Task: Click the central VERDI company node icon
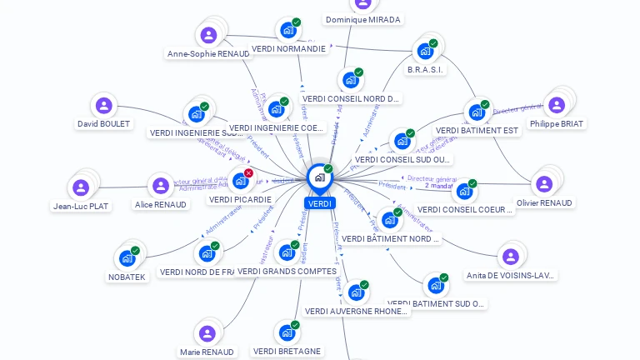click(319, 177)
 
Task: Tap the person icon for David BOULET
click(103, 106)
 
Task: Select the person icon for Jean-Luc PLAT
click(81, 187)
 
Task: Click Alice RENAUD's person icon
click(160, 186)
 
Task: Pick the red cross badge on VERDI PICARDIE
click(248, 172)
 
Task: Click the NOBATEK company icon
click(127, 258)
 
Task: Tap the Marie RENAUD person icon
click(207, 333)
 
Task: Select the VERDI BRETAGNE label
click(287, 352)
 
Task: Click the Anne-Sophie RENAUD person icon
click(208, 35)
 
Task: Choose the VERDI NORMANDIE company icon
click(288, 31)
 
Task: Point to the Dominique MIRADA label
click(362, 19)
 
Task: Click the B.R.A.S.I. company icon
click(425, 51)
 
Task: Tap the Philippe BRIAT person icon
click(557, 105)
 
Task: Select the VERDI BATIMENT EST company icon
click(477, 112)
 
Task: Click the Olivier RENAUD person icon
click(544, 184)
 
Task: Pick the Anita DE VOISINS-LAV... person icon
click(510, 257)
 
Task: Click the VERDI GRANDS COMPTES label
click(287, 272)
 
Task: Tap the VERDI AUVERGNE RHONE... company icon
click(356, 292)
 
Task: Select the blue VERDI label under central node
click(320, 203)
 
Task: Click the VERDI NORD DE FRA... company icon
click(207, 253)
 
